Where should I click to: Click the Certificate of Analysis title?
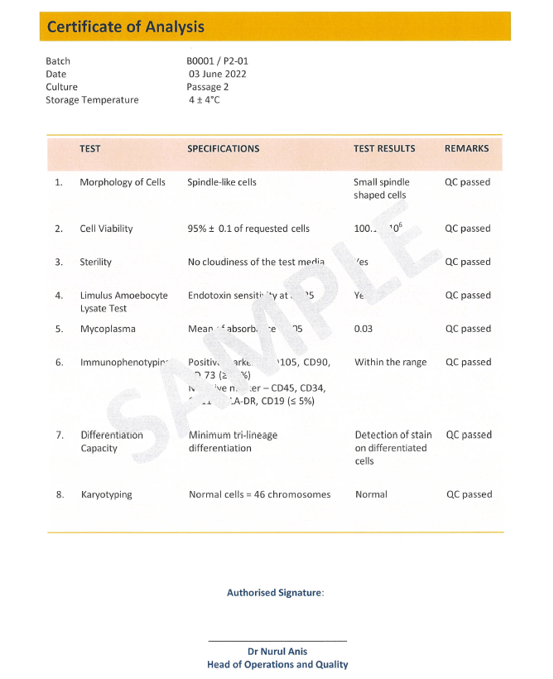125,26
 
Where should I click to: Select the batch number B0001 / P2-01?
217,61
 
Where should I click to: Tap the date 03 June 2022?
218,74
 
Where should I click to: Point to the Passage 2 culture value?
207,87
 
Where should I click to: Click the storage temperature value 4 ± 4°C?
205,100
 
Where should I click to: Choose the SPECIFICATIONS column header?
223,149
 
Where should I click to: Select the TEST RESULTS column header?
384,149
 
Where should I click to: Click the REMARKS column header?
466,149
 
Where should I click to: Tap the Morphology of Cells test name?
123,182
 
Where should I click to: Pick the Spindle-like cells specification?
222,182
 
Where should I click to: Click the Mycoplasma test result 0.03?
363,329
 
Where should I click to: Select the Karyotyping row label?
106,494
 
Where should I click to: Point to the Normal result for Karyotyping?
371,494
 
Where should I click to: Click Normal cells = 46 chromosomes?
259,494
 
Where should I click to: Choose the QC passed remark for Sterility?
467,262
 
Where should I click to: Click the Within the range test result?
390,362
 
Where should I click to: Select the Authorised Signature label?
275,593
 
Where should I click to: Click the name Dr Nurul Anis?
277,652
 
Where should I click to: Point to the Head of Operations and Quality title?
277,664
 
